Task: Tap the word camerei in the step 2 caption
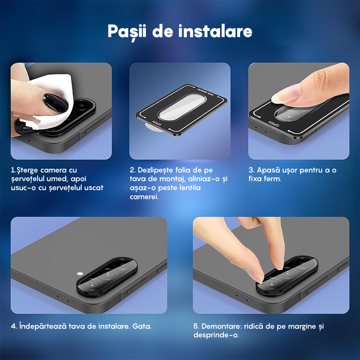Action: click(144, 197)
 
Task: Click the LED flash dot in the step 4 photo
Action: click(80, 274)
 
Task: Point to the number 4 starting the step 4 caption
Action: click(13, 327)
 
